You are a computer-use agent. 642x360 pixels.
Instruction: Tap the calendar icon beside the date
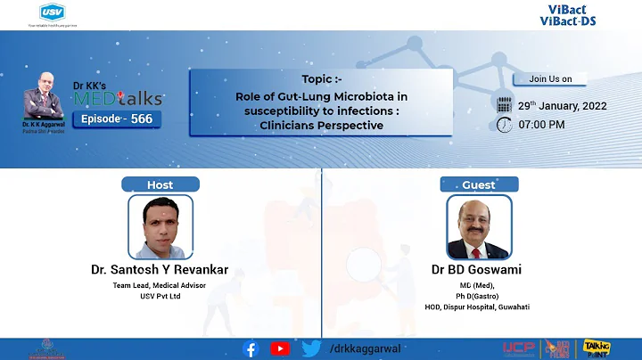[505, 105]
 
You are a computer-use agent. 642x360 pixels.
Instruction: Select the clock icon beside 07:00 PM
[505, 125]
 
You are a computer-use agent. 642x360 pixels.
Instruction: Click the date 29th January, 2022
[562, 105]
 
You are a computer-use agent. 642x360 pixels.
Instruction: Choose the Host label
[160, 184]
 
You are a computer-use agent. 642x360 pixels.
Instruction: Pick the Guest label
[479, 184]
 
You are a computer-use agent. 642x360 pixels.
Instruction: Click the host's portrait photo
[161, 227]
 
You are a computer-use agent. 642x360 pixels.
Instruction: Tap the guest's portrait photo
[479, 227]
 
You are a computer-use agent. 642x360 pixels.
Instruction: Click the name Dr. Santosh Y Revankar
[160, 268]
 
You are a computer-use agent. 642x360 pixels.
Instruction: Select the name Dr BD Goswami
[479, 269]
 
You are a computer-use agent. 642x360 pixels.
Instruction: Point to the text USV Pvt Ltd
[160, 297]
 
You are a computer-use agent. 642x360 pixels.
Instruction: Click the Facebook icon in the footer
[252, 348]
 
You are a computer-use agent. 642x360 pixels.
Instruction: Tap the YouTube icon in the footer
[280, 348]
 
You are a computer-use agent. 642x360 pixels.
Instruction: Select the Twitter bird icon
[309, 348]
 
